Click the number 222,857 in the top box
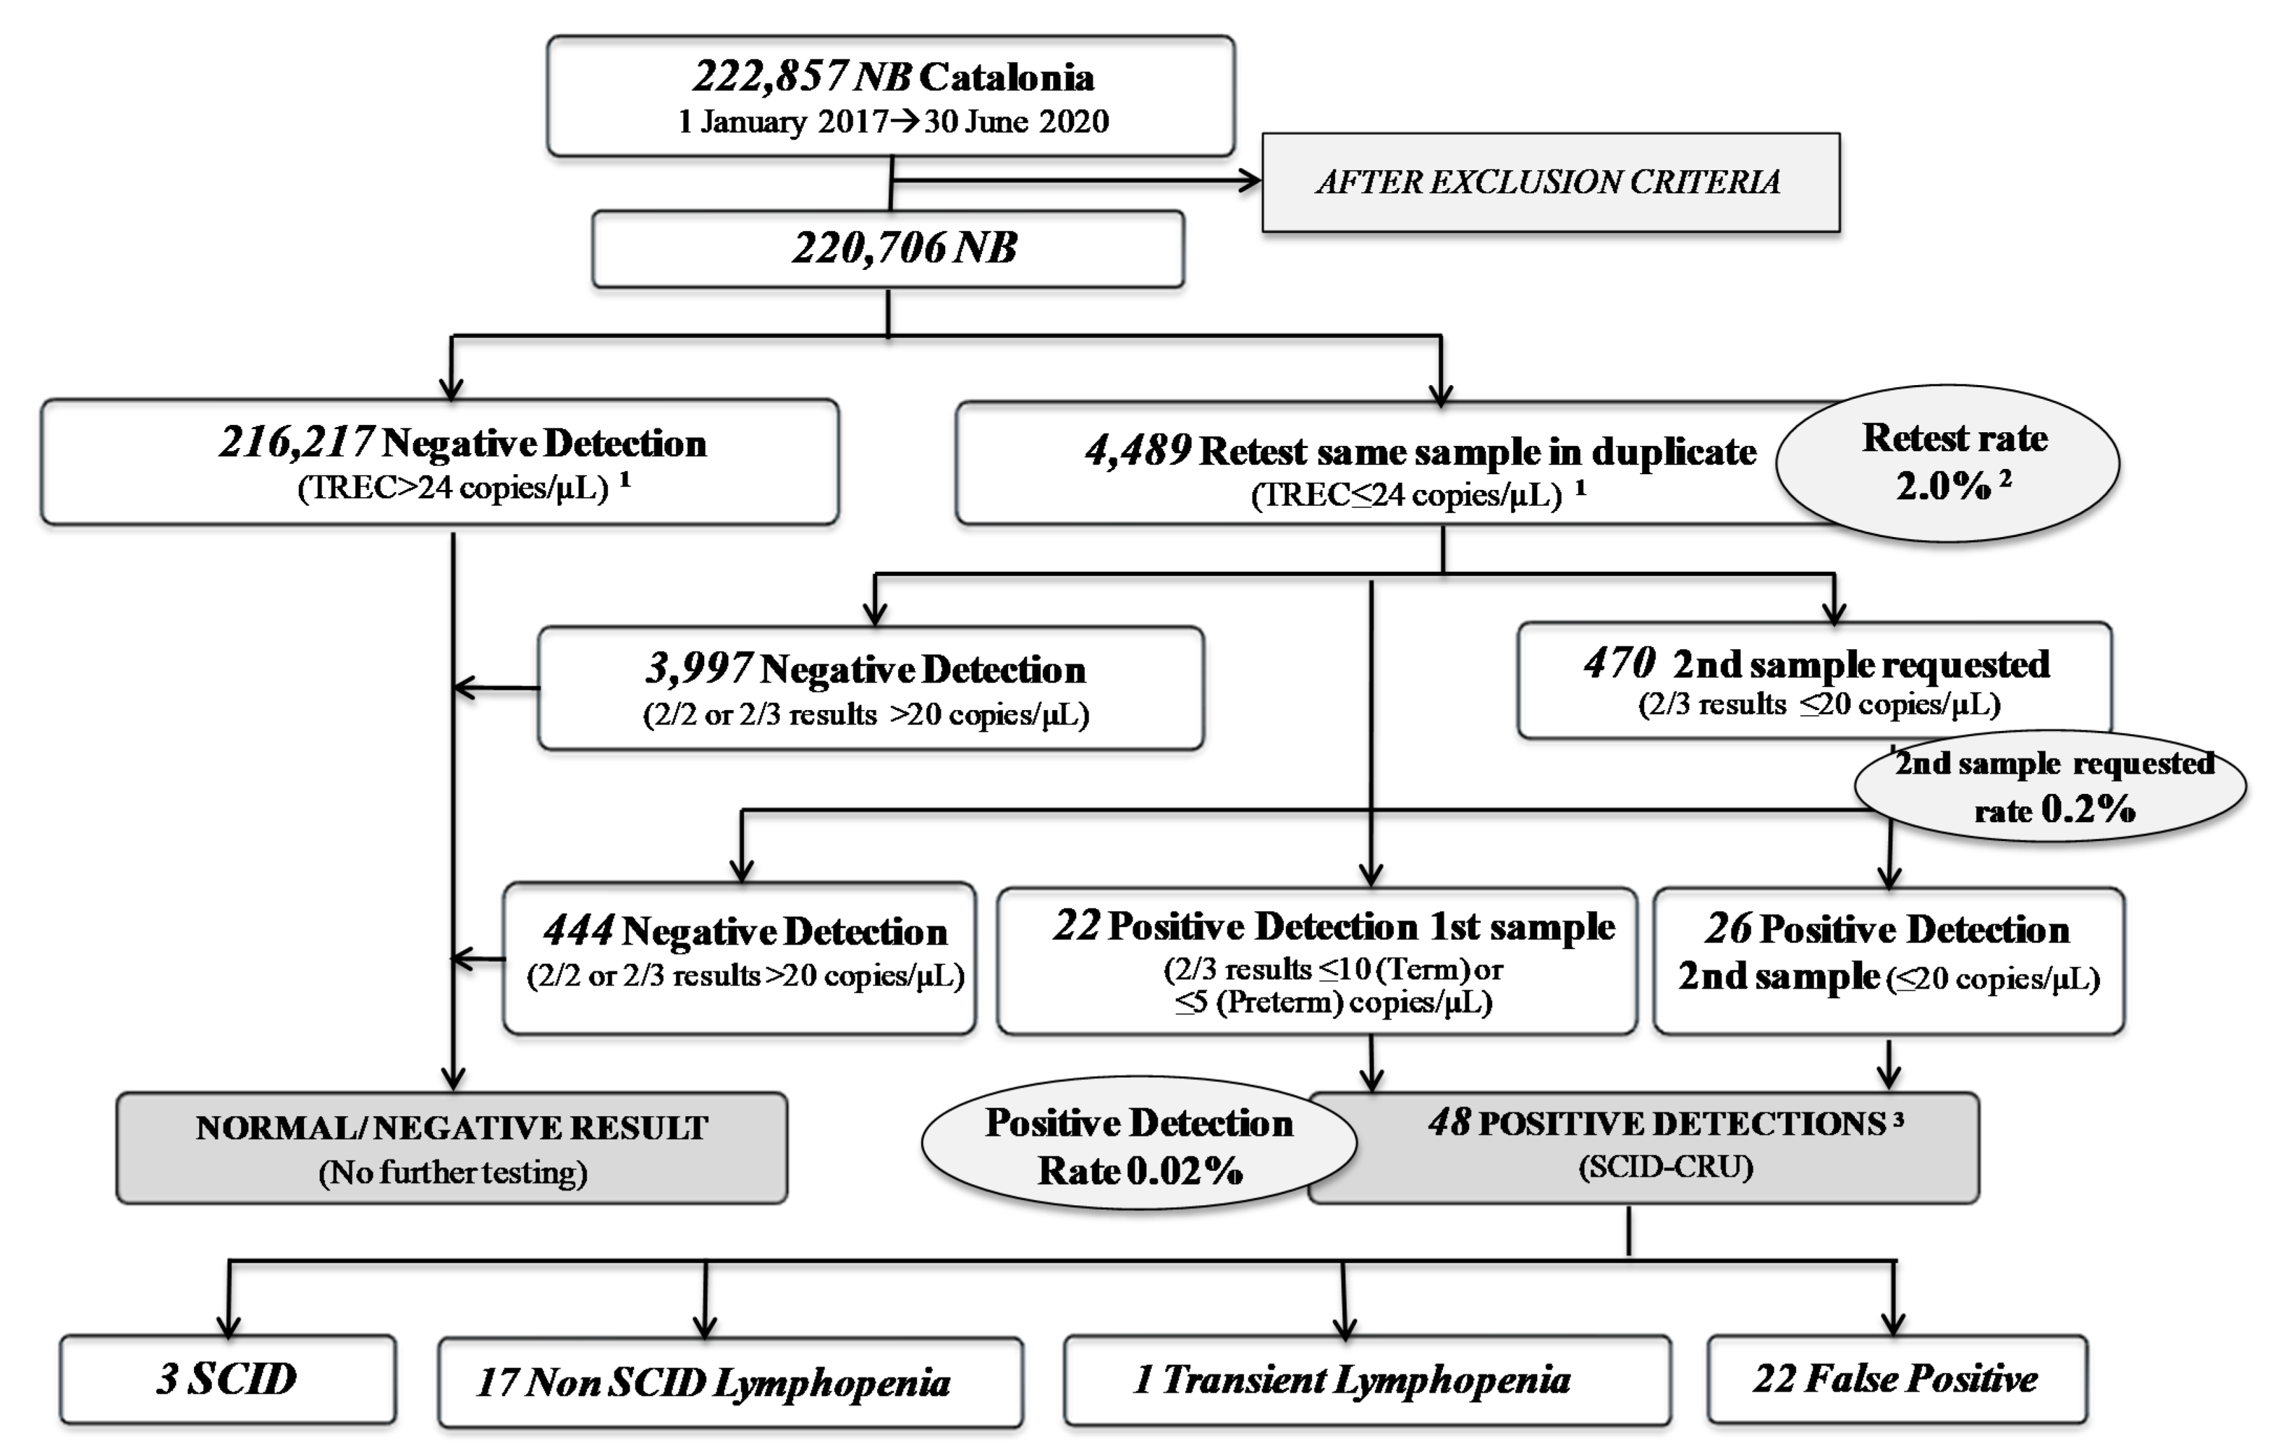(x=768, y=77)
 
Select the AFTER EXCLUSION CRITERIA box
(x=1550, y=181)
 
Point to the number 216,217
(x=295, y=442)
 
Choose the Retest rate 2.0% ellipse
(x=1948, y=462)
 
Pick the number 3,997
(x=699, y=669)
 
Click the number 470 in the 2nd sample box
(x=1620, y=663)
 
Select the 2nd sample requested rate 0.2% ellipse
(x=2051, y=786)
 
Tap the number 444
(x=579, y=931)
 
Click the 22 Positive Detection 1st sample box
(x=1316, y=960)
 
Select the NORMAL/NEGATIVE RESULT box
(x=451, y=1147)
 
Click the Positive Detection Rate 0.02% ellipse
(x=1138, y=1146)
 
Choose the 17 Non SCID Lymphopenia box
(x=730, y=1382)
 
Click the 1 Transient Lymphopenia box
(x=1366, y=1379)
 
